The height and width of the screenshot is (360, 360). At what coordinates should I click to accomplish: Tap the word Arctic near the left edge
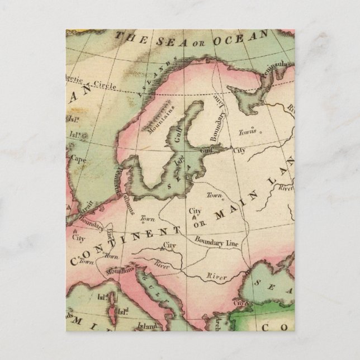coord(76,78)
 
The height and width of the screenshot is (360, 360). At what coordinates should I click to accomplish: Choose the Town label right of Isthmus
coord(148,219)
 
